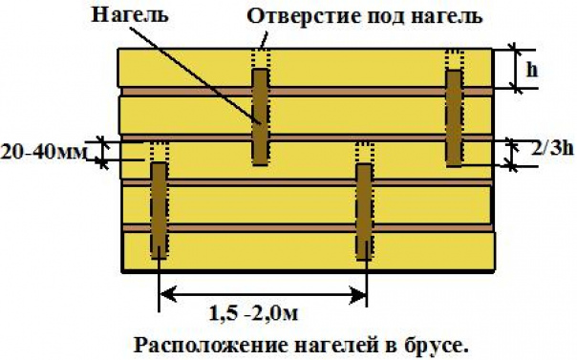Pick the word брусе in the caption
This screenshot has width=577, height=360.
tap(438, 343)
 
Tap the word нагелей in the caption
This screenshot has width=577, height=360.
tap(319, 343)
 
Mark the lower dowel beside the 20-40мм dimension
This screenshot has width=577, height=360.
tap(158, 209)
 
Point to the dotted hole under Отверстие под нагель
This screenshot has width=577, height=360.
tap(259, 57)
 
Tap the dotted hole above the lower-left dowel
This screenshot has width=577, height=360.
tap(158, 151)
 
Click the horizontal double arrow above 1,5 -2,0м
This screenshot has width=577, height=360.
tap(263, 292)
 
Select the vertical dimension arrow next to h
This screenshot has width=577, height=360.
tap(517, 68)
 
